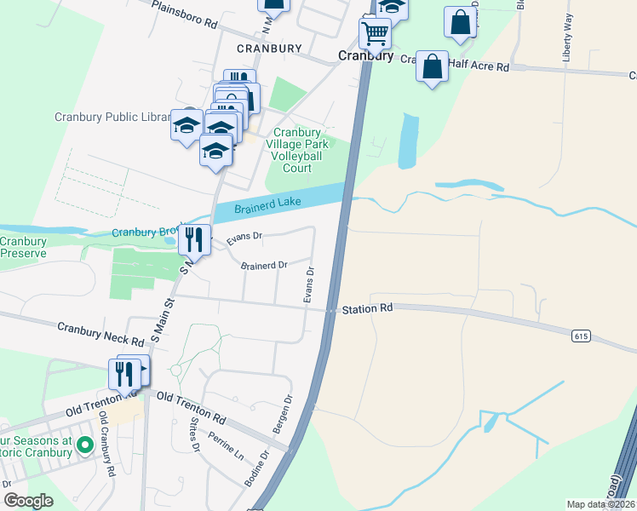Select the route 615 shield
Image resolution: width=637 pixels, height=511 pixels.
point(581,336)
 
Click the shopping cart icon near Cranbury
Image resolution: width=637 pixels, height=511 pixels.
point(375,34)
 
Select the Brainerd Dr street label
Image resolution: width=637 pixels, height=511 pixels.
point(264,265)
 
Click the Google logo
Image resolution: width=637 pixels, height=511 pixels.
point(28,501)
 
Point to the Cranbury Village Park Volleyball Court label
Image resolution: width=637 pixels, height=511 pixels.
point(296,150)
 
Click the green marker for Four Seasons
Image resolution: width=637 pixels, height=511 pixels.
point(84,445)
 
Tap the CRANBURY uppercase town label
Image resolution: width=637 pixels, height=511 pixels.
point(268,49)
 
